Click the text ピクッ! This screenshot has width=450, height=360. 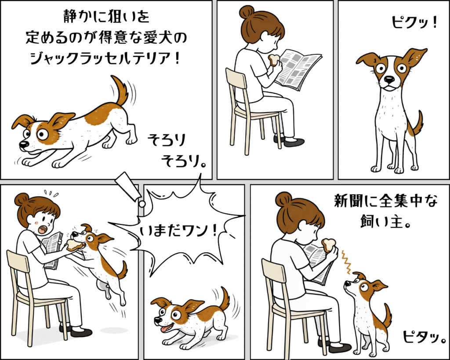coord(414,22)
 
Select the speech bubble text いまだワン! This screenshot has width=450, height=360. coord(178,231)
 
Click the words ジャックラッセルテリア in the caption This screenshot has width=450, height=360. coord(102,58)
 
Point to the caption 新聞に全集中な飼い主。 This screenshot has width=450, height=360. coord(386,211)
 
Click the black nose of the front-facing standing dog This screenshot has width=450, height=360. coord(389,79)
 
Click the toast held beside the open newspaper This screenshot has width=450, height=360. coord(274,60)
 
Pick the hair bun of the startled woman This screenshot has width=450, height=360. coord(22,199)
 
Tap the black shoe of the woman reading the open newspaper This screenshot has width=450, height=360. coord(293,142)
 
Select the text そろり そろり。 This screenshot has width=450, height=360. coord(176,150)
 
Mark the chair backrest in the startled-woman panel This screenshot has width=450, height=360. coord(18,263)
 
